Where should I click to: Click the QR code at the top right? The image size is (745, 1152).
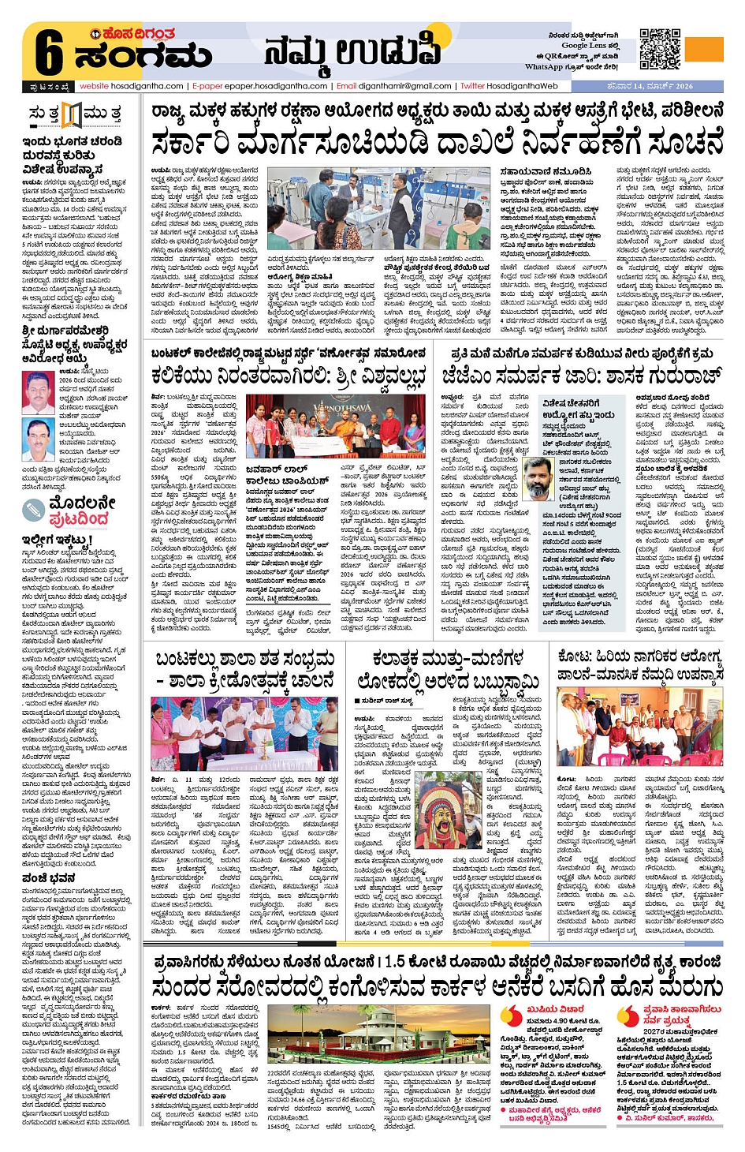point(659,49)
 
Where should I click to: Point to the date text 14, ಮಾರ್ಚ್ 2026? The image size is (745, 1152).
point(660,86)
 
